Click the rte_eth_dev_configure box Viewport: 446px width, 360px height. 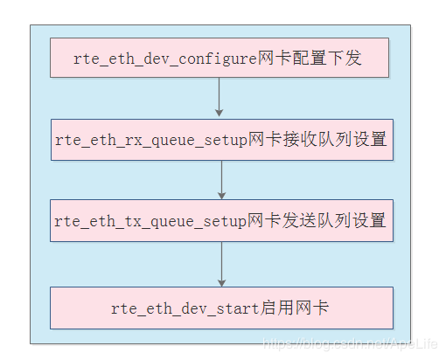click(220, 59)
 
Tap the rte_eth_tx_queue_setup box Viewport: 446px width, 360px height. click(220, 220)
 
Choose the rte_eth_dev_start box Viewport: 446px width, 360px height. click(220, 308)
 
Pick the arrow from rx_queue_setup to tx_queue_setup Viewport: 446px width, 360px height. click(220, 179)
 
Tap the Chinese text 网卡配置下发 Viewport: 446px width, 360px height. click(310, 60)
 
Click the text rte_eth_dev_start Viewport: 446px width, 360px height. click(185, 308)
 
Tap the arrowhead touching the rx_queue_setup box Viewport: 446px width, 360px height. click(220, 112)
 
